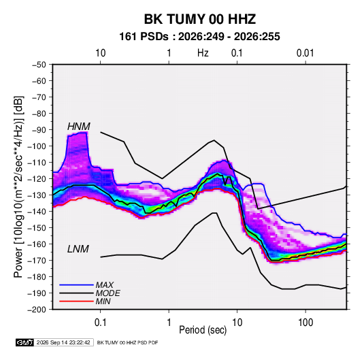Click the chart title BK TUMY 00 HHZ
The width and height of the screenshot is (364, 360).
tap(200, 19)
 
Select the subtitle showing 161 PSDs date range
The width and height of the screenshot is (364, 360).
tap(199, 37)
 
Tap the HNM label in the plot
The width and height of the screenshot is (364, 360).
tap(79, 127)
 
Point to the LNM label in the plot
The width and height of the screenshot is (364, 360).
tap(78, 249)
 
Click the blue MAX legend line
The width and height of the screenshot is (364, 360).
tap(76, 285)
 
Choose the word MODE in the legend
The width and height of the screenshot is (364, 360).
tap(107, 293)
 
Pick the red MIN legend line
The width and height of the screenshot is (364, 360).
tap(76, 301)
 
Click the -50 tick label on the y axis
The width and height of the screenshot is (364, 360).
tap(39, 65)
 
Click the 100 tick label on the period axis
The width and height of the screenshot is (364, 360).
tap(305, 323)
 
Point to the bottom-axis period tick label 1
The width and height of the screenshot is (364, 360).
tap(169, 323)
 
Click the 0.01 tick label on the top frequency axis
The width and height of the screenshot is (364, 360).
tap(305, 53)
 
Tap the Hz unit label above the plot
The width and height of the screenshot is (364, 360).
tap(203, 53)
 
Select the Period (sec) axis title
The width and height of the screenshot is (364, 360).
tap(203, 330)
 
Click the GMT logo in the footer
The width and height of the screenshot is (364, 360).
tap(25, 342)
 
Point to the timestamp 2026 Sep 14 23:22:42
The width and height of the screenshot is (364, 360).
tap(63, 342)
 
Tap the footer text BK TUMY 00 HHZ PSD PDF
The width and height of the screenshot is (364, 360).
tap(127, 342)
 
